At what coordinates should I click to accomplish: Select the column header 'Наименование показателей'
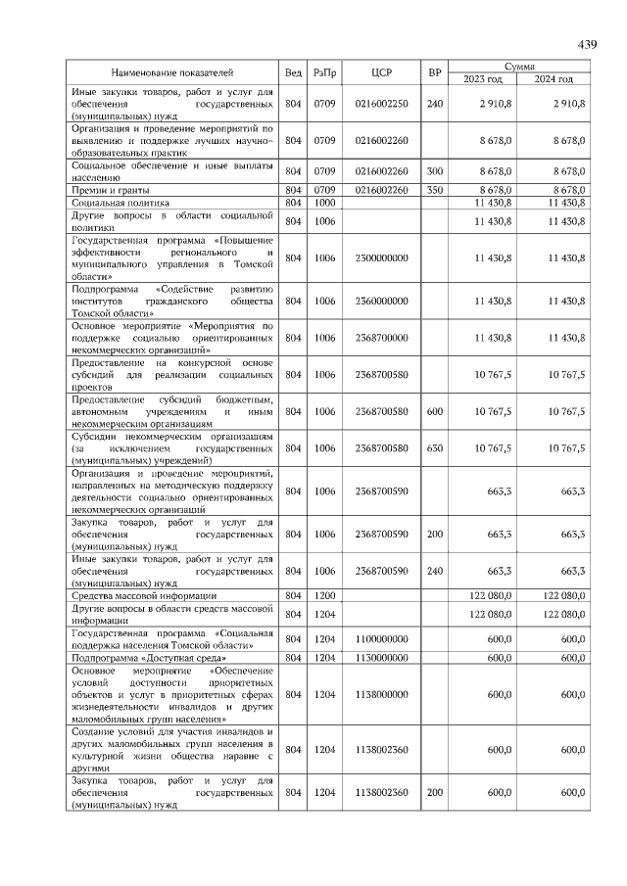172,72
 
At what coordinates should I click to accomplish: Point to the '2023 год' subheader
483,78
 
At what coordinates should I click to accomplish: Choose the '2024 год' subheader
554,78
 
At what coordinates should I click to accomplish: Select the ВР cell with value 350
435,189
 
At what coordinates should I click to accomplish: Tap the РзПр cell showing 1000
324,202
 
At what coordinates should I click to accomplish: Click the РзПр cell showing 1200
324,595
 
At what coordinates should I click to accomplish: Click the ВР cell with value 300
435,171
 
